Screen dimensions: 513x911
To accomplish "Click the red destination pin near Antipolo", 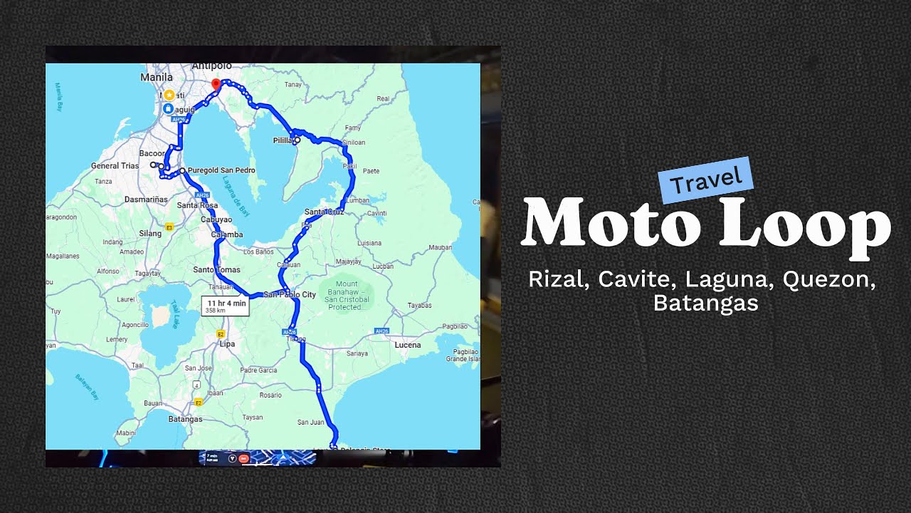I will click(x=216, y=85).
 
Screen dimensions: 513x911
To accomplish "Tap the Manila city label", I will click(x=157, y=77).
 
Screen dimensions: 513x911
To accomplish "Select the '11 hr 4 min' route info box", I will click(x=226, y=306).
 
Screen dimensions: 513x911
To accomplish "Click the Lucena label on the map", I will click(x=408, y=345).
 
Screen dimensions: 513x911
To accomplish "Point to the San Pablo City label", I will click(x=290, y=294).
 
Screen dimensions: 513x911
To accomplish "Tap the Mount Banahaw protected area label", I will click(x=347, y=295).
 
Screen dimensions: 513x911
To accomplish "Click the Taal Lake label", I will click(x=173, y=313).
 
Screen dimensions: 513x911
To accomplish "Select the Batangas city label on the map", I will click(x=185, y=419).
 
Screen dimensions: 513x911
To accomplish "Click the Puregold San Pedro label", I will click(x=221, y=170).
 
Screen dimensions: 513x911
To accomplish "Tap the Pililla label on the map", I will click(x=283, y=140).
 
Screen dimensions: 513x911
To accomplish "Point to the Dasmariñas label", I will click(x=146, y=199).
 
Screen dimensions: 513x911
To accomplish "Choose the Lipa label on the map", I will click(x=227, y=344).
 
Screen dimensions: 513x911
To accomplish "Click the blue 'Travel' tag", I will click(x=705, y=180).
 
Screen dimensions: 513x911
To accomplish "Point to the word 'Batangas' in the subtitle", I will click(x=705, y=304).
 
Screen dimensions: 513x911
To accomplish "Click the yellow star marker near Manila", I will click(x=169, y=95).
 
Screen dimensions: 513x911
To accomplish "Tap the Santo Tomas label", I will click(x=216, y=269).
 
